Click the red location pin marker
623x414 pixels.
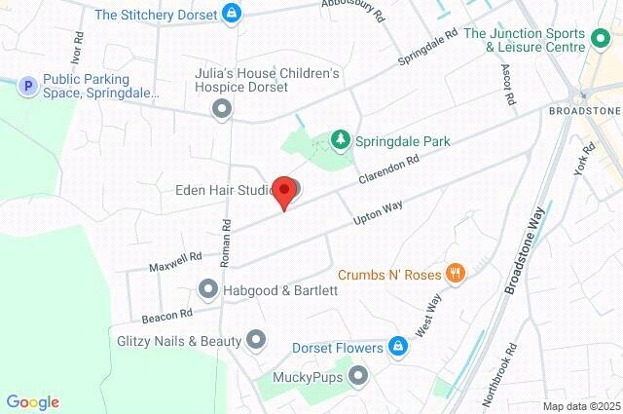click(x=283, y=192)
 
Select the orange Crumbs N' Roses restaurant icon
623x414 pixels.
click(x=454, y=274)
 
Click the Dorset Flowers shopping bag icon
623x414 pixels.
click(x=397, y=347)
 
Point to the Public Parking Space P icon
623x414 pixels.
click(x=28, y=87)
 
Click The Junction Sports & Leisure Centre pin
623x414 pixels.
click(x=602, y=41)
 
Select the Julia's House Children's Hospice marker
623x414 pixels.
click(x=222, y=109)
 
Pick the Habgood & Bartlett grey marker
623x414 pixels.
click(x=207, y=289)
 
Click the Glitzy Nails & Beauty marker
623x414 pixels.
click(x=256, y=340)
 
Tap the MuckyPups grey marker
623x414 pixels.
click(x=359, y=375)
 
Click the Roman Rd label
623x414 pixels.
click(x=226, y=243)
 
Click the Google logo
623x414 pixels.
click(x=32, y=401)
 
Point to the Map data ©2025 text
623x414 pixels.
click(x=580, y=406)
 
